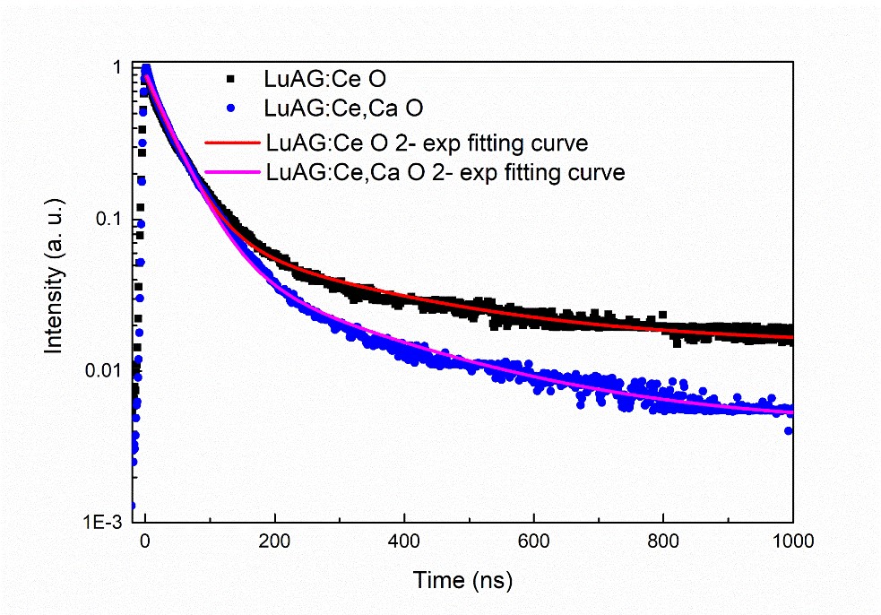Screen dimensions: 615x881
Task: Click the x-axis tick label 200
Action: [275, 541]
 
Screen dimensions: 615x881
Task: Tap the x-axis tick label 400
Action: [404, 541]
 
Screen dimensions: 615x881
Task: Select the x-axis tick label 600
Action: [534, 541]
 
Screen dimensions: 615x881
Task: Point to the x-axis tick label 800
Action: [663, 541]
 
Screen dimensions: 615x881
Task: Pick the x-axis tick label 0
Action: [145, 541]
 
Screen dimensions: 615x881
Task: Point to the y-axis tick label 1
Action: [118, 69]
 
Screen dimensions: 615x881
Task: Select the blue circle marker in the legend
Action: [230, 110]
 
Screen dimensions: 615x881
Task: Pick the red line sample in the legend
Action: [231, 142]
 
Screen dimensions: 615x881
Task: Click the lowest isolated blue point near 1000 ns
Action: [789, 431]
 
